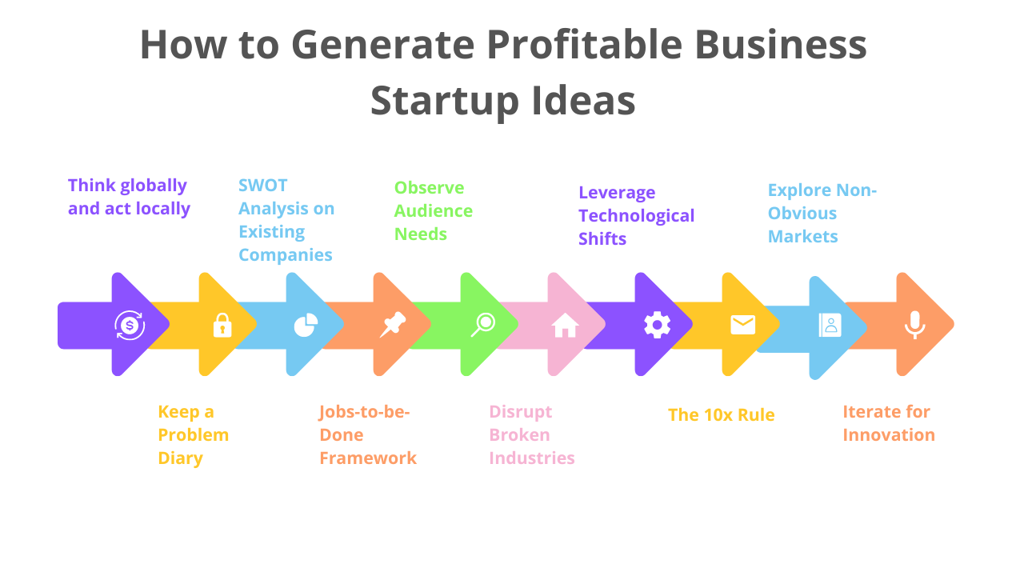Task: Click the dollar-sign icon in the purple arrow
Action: (130, 325)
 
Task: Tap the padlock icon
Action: (222, 325)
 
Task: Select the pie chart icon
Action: (306, 325)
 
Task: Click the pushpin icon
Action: (393, 325)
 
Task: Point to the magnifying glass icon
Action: (483, 325)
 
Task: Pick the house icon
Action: (565, 325)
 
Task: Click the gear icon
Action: (658, 325)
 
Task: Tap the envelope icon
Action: (742, 325)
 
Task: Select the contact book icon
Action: (830, 325)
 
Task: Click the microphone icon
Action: (914, 325)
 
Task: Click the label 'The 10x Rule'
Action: (721, 414)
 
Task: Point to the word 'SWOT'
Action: (262, 186)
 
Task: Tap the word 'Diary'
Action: (180, 458)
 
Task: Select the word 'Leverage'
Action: (617, 193)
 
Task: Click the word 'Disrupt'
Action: (521, 412)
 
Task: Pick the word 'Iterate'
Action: (873, 412)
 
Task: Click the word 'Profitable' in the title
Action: (584, 46)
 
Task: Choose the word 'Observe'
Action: (429, 188)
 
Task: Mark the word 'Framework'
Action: (368, 458)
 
